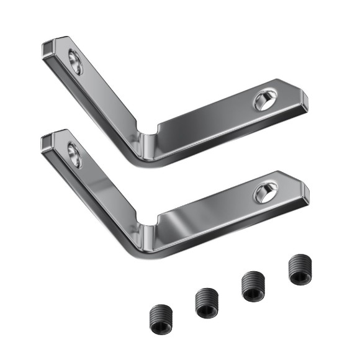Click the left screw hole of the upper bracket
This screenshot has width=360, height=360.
75,62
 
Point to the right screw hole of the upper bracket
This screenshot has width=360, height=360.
265,100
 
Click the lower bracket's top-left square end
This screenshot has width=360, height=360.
48,140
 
